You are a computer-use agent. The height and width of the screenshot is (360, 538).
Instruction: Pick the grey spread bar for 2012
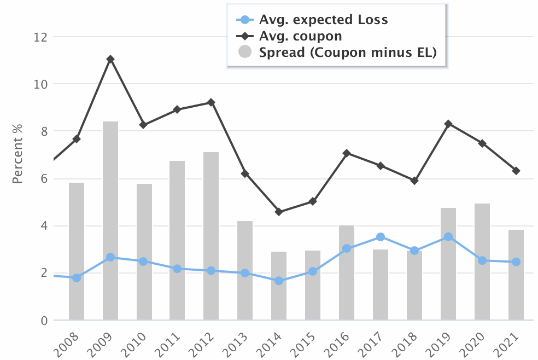211,236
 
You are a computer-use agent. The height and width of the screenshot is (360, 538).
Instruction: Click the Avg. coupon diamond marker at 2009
110,59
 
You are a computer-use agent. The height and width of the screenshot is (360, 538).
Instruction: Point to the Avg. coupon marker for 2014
279,212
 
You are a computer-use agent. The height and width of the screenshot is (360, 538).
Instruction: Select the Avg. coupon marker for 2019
448,124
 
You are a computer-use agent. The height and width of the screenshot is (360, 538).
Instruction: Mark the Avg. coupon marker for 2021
516,171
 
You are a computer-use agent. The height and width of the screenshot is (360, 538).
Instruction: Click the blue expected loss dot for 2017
381,237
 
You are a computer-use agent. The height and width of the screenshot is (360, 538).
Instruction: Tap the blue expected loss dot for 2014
279,281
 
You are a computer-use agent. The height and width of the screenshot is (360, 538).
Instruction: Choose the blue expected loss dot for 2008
77,278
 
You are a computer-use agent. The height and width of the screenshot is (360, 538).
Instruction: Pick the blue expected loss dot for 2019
448,237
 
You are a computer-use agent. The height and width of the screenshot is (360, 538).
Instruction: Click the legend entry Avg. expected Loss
323,20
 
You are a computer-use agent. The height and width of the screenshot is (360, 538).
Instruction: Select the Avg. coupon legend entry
300,36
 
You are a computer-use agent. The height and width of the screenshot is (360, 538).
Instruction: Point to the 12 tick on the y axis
40,37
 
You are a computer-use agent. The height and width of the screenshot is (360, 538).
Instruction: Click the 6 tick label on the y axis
43,179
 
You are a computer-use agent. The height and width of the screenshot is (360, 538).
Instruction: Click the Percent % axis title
17,154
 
